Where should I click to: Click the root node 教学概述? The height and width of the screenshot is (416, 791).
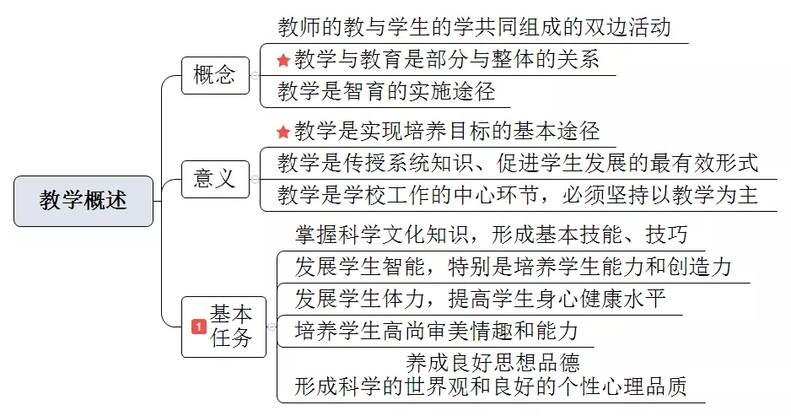click(83, 201)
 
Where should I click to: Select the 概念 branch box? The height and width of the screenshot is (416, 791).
click(215, 75)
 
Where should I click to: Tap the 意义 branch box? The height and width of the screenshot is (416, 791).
click(215, 179)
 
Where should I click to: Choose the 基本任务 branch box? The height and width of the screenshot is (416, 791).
click(223, 327)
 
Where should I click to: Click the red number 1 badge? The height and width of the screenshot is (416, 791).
click(199, 327)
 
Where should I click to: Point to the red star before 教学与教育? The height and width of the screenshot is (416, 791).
click(283, 61)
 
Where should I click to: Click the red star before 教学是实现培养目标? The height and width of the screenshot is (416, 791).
click(283, 132)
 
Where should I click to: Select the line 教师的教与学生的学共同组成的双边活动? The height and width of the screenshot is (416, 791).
click(474, 27)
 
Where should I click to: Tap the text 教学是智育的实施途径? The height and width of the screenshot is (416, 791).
click(386, 91)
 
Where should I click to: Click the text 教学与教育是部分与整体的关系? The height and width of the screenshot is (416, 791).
click(447, 59)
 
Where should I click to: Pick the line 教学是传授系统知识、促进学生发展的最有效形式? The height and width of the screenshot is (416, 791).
click(518, 163)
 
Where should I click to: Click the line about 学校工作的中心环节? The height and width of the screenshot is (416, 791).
click(518, 195)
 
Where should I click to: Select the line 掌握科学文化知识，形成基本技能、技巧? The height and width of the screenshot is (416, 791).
click(492, 235)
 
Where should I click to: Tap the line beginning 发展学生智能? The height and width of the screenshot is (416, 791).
click(513, 267)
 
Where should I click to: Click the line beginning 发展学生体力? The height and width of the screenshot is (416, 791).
click(481, 299)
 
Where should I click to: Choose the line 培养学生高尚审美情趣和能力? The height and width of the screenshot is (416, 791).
click(437, 331)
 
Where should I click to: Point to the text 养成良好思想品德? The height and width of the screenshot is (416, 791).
click(492, 363)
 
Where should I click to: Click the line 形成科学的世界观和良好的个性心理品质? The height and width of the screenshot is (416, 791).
click(491, 386)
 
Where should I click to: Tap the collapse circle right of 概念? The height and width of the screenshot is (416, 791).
click(256, 76)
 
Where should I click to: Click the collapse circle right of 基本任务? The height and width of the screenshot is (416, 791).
click(272, 327)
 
